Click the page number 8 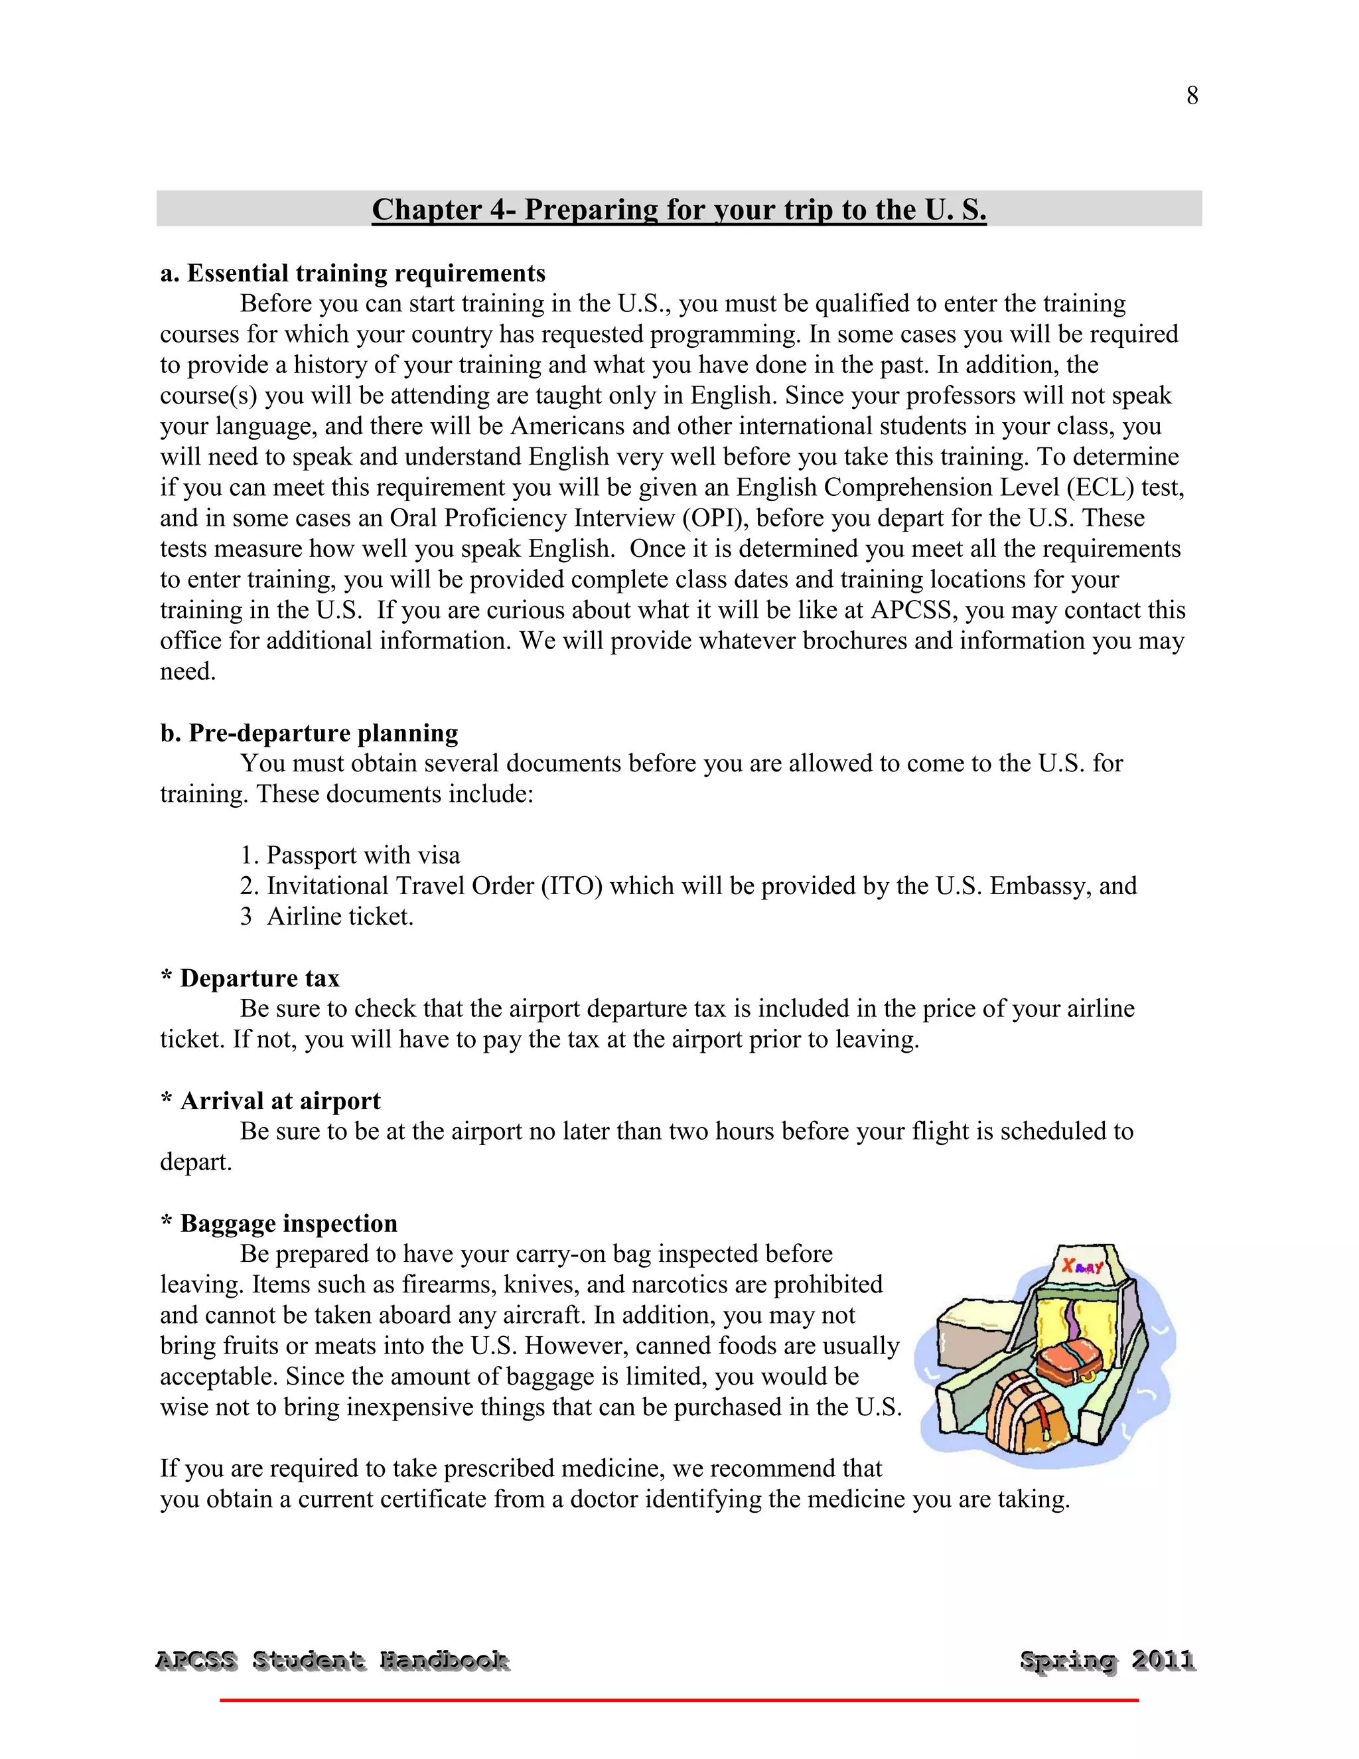[x=1192, y=96]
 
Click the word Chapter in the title [x=427, y=210]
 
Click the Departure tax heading [x=259, y=978]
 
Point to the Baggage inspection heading [x=288, y=1223]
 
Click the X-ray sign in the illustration [x=1083, y=1266]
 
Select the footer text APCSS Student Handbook [x=332, y=1660]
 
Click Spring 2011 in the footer [x=1107, y=1660]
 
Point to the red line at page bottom [x=679, y=1700]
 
